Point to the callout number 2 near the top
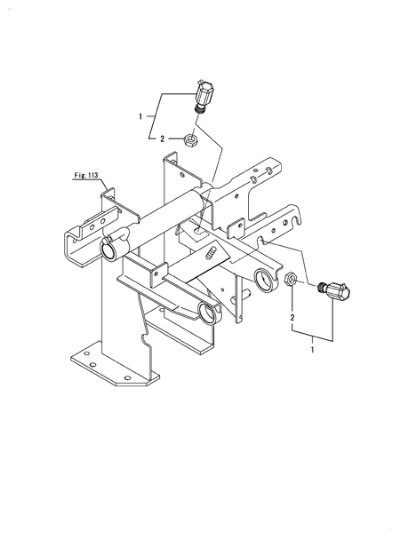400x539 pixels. pos(162,139)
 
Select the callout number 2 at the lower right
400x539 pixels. pos(292,317)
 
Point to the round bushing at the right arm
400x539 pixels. pos(266,280)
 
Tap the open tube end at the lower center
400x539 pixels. pos(209,312)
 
